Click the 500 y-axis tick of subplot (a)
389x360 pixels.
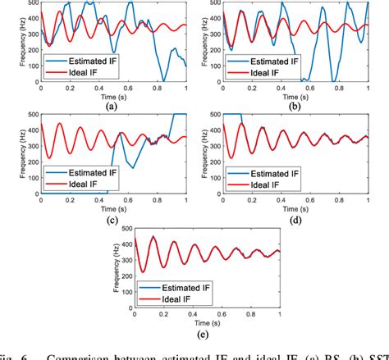30,3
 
